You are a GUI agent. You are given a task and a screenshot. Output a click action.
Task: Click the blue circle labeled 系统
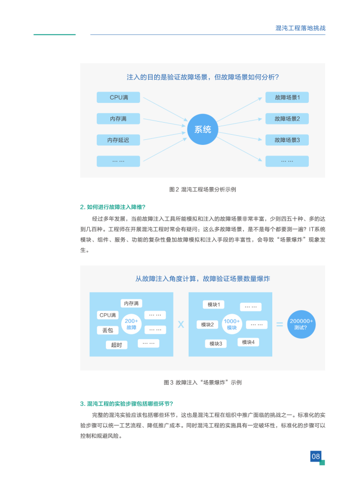pyautogui.click(x=202, y=129)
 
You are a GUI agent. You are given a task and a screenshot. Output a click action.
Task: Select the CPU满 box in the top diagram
pyautogui.click(x=118, y=97)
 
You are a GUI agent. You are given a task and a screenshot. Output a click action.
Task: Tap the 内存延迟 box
pyautogui.click(x=118, y=140)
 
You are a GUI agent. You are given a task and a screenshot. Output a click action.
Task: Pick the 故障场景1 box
pyautogui.click(x=287, y=97)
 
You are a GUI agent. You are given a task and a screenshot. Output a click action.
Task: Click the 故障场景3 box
pyautogui.click(x=287, y=140)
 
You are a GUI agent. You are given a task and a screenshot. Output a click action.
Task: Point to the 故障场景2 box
pyautogui.click(x=287, y=119)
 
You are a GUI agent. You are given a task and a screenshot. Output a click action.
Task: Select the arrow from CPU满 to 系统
pyautogui.click(x=165, y=109)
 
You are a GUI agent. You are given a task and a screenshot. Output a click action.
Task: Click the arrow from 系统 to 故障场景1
pyautogui.click(x=239, y=109)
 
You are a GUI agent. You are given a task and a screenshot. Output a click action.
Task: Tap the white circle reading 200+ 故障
pyautogui.click(x=131, y=324)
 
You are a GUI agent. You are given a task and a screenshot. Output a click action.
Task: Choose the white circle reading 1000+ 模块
pyautogui.click(x=232, y=324)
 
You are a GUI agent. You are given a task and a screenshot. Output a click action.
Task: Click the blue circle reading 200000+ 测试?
pyautogui.click(x=301, y=324)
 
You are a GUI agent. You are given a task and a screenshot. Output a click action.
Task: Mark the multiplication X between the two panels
pyautogui.click(x=181, y=324)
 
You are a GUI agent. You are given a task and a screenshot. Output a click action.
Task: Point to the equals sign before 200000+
pyautogui.click(x=279, y=324)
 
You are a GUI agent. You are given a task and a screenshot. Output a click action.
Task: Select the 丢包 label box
pyautogui.click(x=107, y=330)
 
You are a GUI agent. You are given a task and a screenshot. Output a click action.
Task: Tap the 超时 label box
pyautogui.click(x=116, y=345)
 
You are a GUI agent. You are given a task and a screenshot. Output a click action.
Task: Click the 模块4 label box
pyautogui.click(x=248, y=342)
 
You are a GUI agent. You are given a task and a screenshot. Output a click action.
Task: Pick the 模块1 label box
pyautogui.click(x=213, y=305)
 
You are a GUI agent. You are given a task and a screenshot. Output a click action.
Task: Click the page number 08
pyautogui.click(x=315, y=456)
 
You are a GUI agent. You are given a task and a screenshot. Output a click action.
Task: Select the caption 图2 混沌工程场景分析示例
pyautogui.click(x=202, y=190)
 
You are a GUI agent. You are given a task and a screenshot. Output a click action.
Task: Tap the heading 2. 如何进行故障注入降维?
pyautogui.click(x=113, y=207)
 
